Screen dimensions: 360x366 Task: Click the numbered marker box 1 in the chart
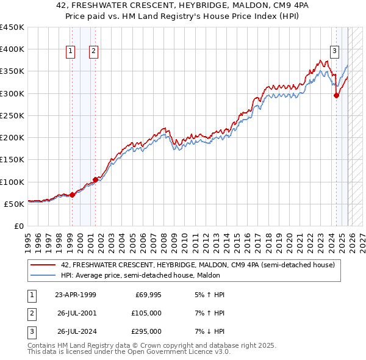71,52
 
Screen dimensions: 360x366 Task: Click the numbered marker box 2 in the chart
94,52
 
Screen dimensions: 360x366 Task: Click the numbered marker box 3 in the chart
335,52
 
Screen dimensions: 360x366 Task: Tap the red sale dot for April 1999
72,195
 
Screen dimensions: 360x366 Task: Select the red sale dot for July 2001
95,179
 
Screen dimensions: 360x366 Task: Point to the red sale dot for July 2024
336,95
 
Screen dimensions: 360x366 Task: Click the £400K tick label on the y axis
12,49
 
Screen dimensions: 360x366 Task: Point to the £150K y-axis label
12,160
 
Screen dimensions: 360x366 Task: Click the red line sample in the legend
43,265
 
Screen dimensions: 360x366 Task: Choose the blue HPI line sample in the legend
43,276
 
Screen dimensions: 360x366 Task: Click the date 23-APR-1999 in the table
75,295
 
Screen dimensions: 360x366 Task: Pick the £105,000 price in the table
147,313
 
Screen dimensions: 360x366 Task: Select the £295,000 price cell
147,331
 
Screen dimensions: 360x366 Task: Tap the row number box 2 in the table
31,313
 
